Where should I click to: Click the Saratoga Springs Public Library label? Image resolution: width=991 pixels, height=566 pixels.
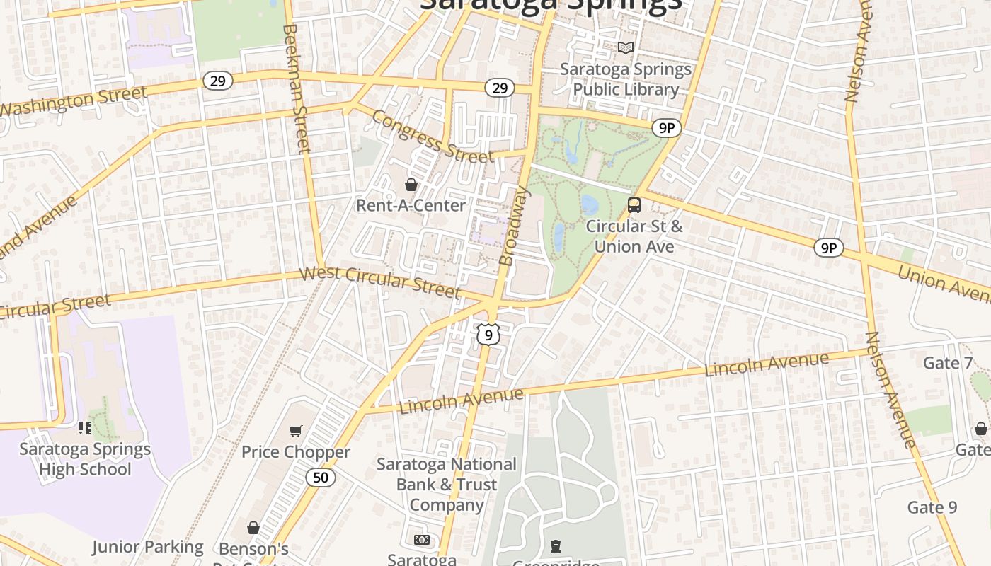click(x=626, y=79)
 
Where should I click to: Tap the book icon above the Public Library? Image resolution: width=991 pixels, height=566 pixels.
click(x=626, y=47)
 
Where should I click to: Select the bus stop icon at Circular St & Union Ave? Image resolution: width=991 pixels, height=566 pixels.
click(x=634, y=205)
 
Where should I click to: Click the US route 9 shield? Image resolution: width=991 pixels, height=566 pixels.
click(x=488, y=334)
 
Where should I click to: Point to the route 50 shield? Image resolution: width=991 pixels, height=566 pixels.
click(x=321, y=478)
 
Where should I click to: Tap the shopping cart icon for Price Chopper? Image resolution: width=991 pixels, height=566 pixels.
click(x=296, y=431)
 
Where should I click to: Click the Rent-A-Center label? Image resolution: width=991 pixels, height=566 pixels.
click(x=411, y=205)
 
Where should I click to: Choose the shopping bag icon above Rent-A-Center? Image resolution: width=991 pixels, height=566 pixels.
click(x=411, y=185)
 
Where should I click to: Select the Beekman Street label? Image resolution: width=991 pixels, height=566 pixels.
click(x=297, y=88)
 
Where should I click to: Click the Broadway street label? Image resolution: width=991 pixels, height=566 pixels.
click(x=515, y=226)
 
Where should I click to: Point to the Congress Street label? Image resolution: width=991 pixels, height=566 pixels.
click(x=432, y=137)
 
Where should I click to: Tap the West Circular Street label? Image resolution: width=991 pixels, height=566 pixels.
click(x=380, y=282)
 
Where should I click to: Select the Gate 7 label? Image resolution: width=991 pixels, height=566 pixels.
click(x=948, y=363)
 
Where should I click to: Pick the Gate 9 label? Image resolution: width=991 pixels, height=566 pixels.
click(x=932, y=507)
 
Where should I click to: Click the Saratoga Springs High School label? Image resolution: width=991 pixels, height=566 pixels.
click(x=85, y=459)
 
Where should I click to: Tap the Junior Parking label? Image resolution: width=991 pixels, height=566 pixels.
click(x=147, y=547)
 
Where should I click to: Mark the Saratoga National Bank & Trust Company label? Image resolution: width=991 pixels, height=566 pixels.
click(x=447, y=485)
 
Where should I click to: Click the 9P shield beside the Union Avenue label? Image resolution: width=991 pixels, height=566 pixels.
click(x=828, y=248)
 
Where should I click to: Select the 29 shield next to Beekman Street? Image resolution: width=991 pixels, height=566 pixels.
click(x=218, y=81)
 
